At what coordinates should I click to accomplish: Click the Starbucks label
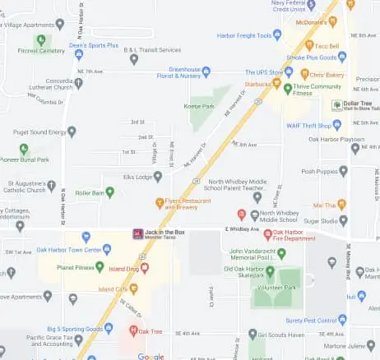257,84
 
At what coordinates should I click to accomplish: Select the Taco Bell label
327,46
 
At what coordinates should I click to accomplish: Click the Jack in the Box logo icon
137,233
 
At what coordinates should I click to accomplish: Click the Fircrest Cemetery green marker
40,39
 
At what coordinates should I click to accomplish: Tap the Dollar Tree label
359,104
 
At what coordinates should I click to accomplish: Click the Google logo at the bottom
151,356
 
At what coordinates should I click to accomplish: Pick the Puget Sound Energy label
35,131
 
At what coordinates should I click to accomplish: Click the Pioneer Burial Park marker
24,149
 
